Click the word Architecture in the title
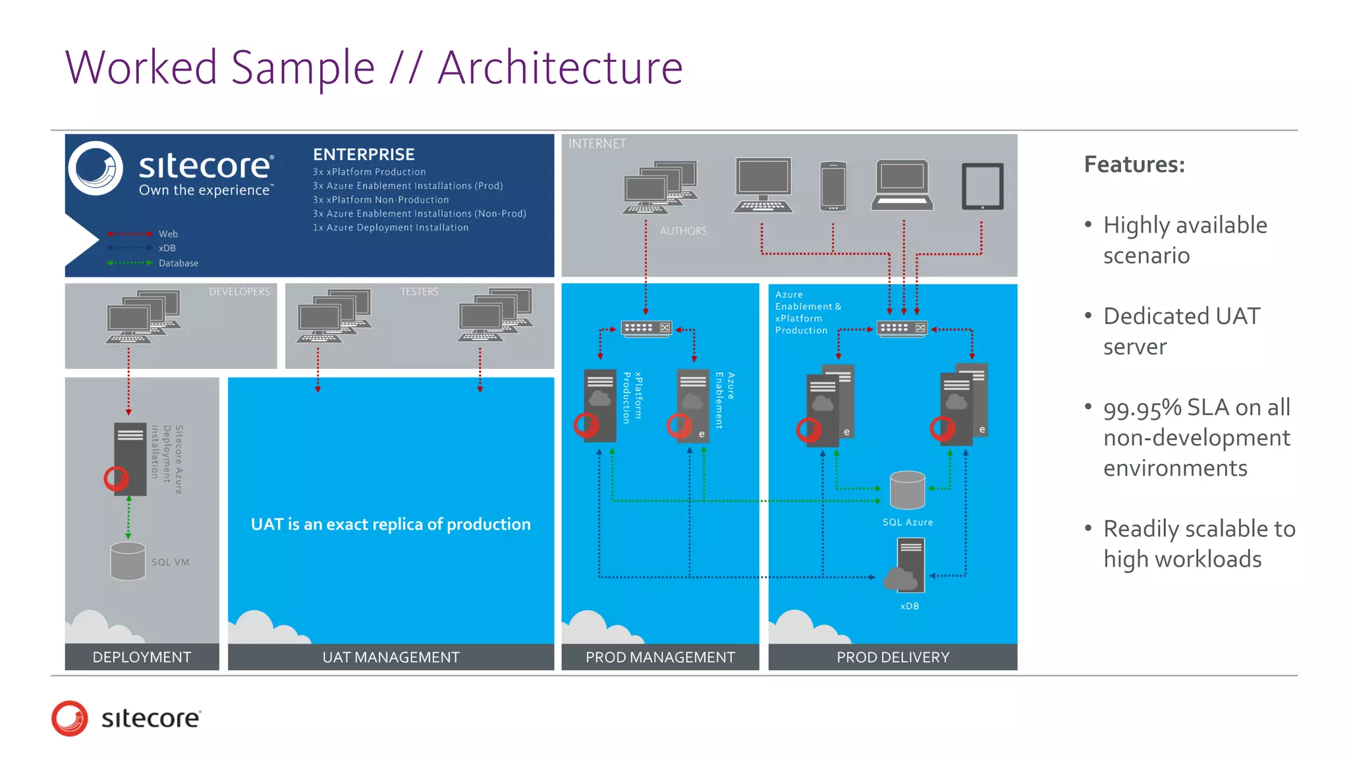pyautogui.click(x=560, y=68)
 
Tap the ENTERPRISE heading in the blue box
pyautogui.click(x=364, y=154)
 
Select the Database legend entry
pyautogui.click(x=178, y=263)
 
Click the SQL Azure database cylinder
pyautogui.click(x=907, y=490)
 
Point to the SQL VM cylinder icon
pyautogui.click(x=128, y=561)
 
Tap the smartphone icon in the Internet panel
pyautogui.click(x=833, y=186)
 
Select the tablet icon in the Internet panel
pyautogui.click(x=982, y=186)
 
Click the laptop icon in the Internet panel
pyautogui.click(x=902, y=185)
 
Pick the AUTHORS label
pyautogui.click(x=683, y=231)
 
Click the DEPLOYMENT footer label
pyautogui.click(x=142, y=658)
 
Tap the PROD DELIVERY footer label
pyautogui.click(x=893, y=658)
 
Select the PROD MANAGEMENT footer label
pyautogui.click(x=660, y=658)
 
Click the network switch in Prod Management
pyautogui.click(x=646, y=328)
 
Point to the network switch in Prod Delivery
pyautogui.click(x=902, y=328)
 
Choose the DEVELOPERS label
pyautogui.click(x=239, y=292)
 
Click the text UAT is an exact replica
pyautogui.click(x=391, y=524)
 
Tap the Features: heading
pyautogui.click(x=1134, y=165)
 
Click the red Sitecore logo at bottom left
pyautogui.click(x=70, y=718)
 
